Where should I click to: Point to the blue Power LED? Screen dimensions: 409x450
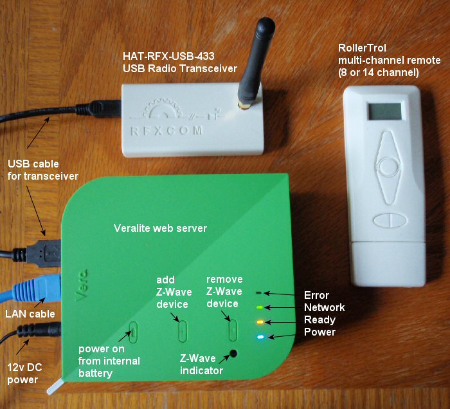click(260, 337)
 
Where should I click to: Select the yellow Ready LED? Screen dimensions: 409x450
click(260, 322)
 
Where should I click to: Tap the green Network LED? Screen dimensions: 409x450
click(260, 307)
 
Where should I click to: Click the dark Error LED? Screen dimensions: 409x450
click(259, 294)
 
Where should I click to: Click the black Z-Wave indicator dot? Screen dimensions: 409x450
click(233, 353)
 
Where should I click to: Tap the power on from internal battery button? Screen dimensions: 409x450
click(133, 331)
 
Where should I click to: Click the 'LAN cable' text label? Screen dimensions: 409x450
click(30, 314)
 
